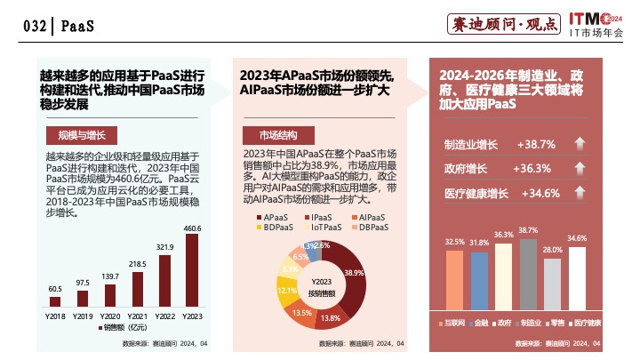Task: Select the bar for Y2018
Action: tap(54, 301)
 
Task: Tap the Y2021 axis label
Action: tap(138, 316)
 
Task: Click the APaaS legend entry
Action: tap(268, 218)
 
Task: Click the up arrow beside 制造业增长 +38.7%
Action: tap(579, 144)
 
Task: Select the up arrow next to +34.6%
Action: tap(579, 193)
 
